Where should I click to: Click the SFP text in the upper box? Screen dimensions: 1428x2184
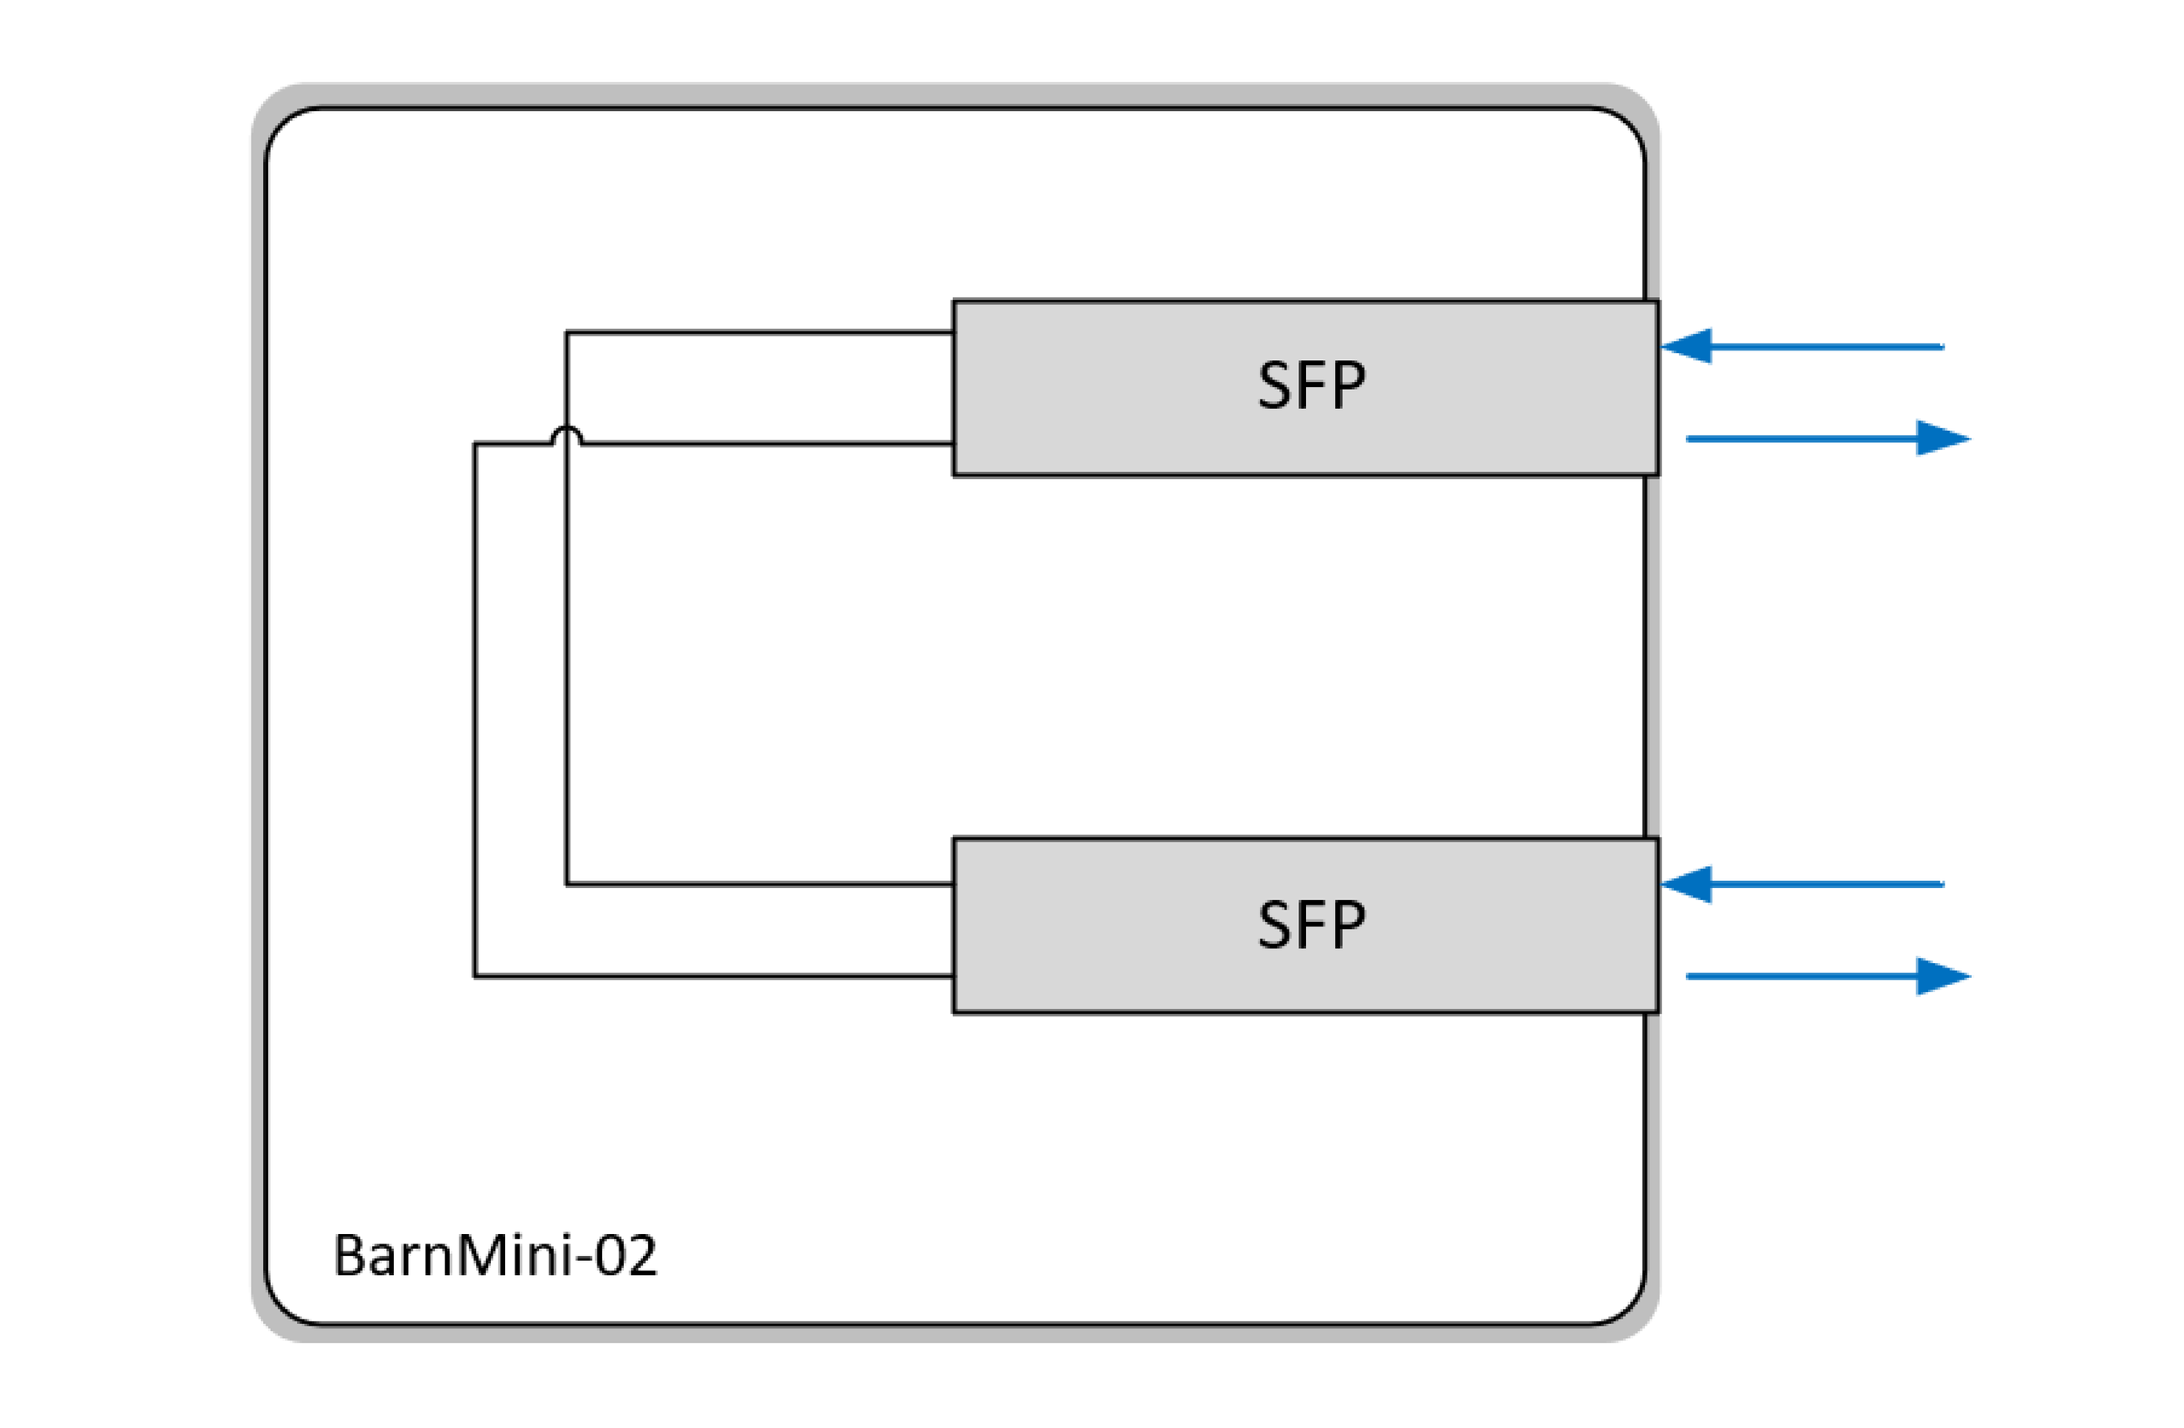click(x=1310, y=385)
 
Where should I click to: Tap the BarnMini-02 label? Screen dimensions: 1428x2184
click(x=494, y=1256)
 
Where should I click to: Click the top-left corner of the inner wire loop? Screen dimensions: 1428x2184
click(x=566, y=331)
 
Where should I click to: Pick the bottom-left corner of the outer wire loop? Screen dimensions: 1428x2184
click(x=474, y=976)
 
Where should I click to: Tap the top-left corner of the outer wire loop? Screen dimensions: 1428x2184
click(x=474, y=443)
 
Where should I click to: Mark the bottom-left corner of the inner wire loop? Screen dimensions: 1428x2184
click(x=566, y=884)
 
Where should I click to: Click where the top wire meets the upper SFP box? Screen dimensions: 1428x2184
click(x=953, y=331)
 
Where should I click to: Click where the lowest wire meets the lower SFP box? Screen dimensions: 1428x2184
click(x=953, y=976)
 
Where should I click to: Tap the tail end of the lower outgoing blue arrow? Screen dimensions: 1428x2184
click(x=1690, y=975)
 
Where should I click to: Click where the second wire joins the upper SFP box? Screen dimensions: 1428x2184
click(x=953, y=443)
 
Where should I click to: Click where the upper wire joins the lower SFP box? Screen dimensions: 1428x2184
click(x=953, y=884)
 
